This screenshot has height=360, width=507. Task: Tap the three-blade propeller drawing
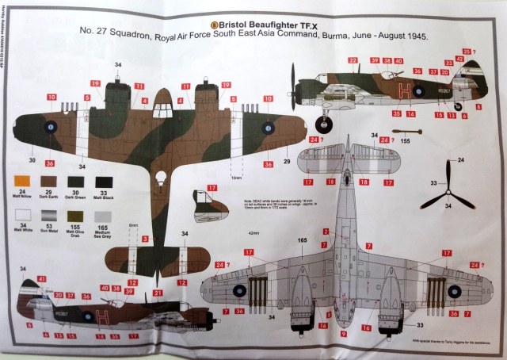click(x=448, y=191)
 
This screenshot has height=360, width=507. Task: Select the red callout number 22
click(x=351, y=60)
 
